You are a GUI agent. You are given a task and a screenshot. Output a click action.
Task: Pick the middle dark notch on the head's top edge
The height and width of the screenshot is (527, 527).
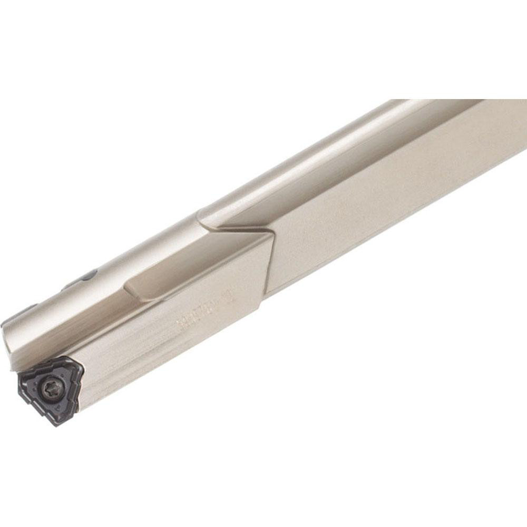69,287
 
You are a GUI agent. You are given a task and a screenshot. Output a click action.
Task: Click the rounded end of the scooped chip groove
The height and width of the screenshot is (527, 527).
129,288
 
